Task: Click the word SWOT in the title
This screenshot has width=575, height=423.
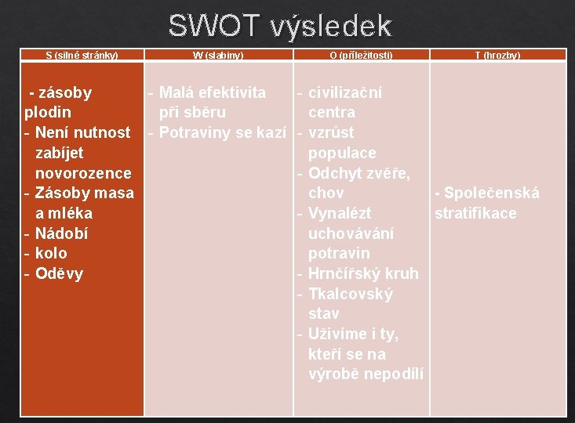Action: (x=213, y=27)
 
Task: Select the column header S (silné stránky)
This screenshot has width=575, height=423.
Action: (x=82, y=55)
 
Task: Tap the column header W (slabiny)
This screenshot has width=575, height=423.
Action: (x=218, y=55)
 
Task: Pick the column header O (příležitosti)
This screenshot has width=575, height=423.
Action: (x=362, y=55)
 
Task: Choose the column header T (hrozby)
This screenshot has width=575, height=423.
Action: (x=497, y=55)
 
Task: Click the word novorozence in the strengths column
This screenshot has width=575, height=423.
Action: (x=83, y=172)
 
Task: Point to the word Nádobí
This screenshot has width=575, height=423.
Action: (x=61, y=233)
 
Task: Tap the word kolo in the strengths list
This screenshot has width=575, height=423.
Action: (x=51, y=253)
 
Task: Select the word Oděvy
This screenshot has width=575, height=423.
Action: (x=59, y=273)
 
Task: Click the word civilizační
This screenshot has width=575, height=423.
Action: (x=345, y=92)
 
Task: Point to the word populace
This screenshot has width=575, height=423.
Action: (x=342, y=153)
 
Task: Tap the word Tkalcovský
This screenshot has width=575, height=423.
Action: (x=351, y=294)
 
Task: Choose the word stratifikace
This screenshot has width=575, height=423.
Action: (x=475, y=213)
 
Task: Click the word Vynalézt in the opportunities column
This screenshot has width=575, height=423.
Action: (x=340, y=213)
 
